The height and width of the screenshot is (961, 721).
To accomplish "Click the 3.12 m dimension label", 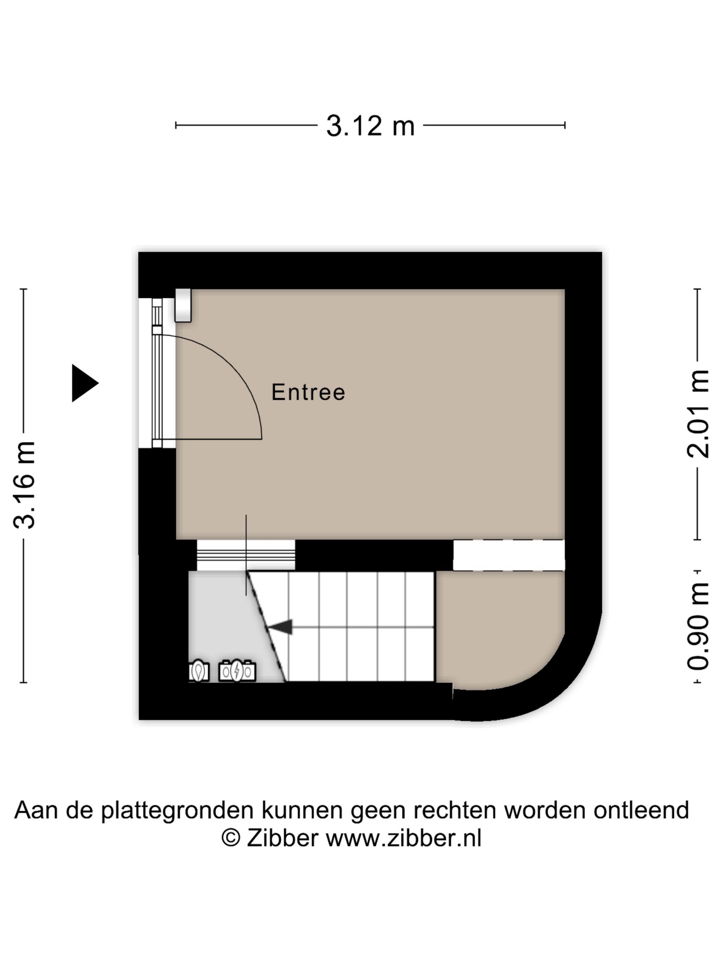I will tap(370, 126).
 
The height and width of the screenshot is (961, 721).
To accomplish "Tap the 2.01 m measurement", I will tap(698, 414).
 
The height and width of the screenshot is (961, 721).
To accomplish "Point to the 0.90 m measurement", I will tap(698, 626).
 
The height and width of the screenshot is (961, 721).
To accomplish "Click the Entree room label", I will tap(308, 392).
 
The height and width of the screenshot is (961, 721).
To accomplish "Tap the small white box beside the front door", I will tap(183, 305).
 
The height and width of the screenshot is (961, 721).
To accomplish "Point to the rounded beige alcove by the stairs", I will tap(495, 626).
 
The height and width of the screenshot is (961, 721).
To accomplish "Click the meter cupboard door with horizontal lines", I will tap(245, 555).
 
